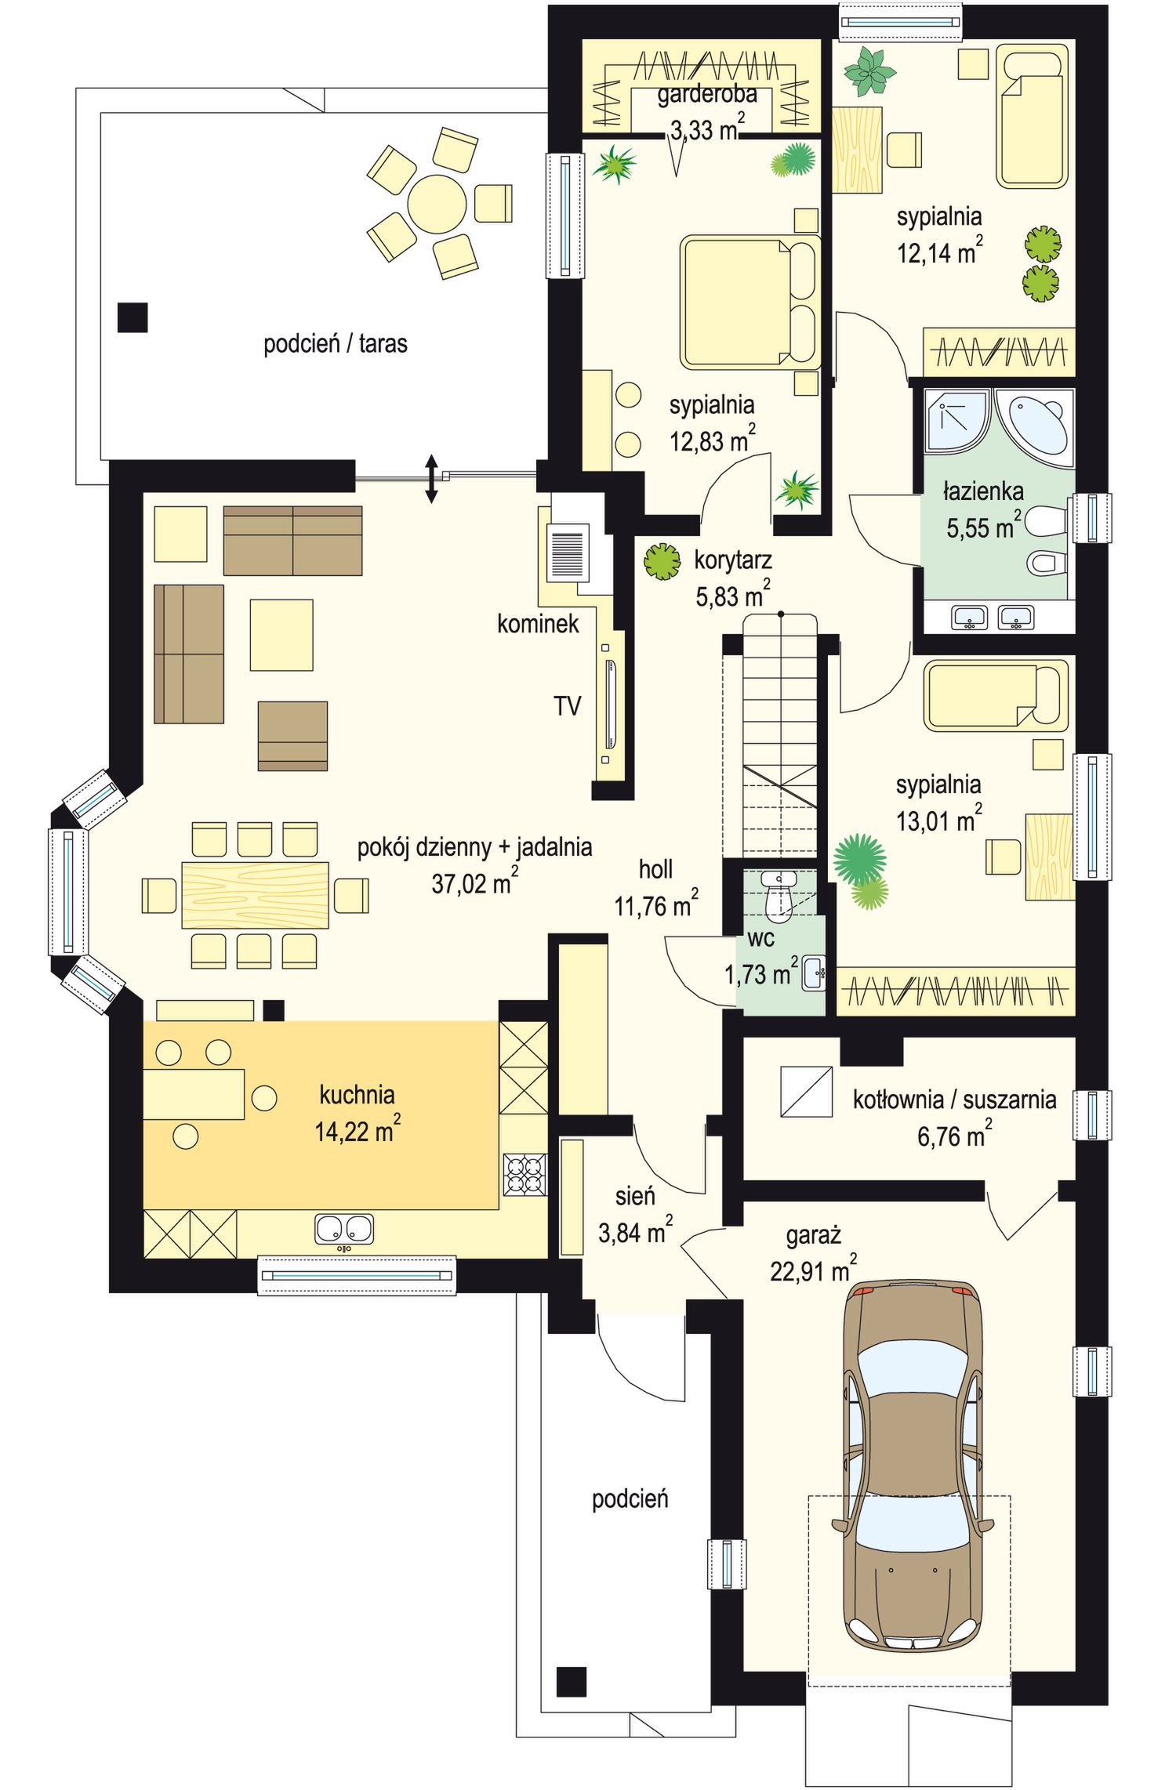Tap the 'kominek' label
[x=538, y=624]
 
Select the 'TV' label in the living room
[x=568, y=706]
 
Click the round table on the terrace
[x=437, y=204]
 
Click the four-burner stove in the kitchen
[x=524, y=1175]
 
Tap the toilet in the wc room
[x=779, y=894]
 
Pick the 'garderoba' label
[x=707, y=95]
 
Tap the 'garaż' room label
[x=813, y=1236]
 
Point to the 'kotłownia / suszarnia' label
[x=954, y=1100]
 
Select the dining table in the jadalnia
[x=255, y=894]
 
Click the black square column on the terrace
[x=132, y=317]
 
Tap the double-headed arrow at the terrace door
[x=430, y=478]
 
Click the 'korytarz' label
[x=733, y=560]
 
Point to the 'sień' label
[x=635, y=1196]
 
